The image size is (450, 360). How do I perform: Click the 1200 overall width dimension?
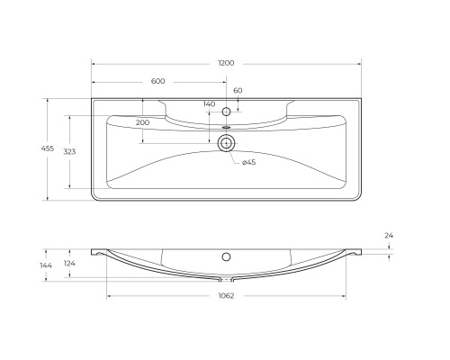pos(226,63)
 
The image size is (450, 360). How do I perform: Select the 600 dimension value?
pos(158,82)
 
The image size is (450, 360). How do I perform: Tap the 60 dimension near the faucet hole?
pos(238,91)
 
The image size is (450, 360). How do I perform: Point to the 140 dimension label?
pos(210,105)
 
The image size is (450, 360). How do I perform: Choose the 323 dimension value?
pos(69,151)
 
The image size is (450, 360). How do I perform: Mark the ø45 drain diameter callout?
pos(249,162)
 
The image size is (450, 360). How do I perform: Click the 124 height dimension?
pos(69,263)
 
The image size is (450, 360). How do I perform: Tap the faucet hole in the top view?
pos(227,112)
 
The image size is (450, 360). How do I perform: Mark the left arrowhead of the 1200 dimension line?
pos(94,63)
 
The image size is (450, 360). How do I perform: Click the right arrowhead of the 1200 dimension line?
pos(358,63)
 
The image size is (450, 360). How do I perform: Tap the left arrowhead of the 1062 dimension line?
pos(110,297)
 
